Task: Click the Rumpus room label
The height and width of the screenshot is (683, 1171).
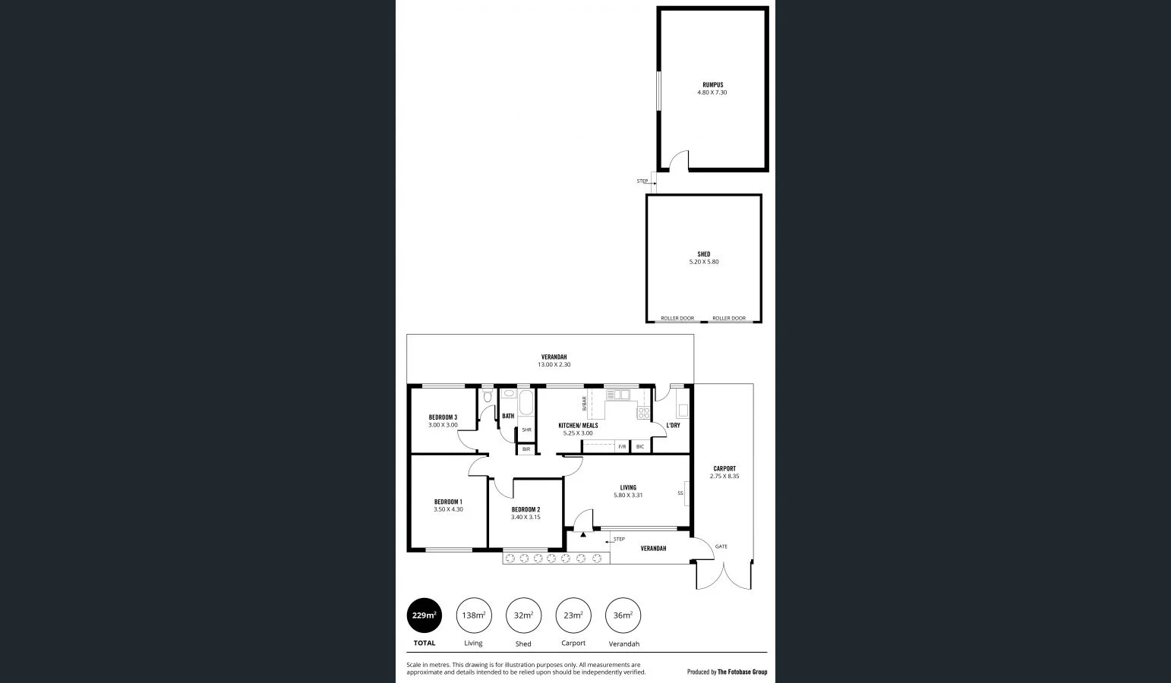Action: pos(712,85)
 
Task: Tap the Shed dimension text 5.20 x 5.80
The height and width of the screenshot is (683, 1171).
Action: pos(703,262)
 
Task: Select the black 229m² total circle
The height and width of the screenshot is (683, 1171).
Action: pos(425,615)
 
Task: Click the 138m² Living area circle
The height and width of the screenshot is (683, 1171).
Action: pos(474,615)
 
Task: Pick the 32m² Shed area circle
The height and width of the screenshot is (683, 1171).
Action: pos(523,615)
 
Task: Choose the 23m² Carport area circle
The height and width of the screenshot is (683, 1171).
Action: pos(573,615)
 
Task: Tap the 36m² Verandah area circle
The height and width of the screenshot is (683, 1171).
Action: pos(623,615)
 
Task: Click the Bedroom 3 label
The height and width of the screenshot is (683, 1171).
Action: pos(443,417)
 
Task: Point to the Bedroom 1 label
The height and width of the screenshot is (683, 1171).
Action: pos(448,502)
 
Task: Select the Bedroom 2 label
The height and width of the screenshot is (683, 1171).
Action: pos(526,509)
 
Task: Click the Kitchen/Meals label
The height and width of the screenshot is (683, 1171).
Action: pos(578,426)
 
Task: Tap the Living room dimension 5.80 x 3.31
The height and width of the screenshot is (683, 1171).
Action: pos(628,496)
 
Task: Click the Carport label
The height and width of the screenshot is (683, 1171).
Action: pos(724,469)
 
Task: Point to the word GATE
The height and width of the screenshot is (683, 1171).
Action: pos(721,546)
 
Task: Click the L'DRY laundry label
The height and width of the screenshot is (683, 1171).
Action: pos(673,426)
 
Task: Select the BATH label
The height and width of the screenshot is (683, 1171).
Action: pos(508,416)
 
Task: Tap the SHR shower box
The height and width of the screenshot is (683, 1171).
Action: pos(526,430)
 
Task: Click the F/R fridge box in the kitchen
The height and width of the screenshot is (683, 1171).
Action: pos(622,446)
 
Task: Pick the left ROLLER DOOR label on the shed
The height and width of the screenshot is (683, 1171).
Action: pos(677,319)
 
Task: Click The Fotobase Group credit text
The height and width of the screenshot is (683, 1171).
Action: pos(742,672)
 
